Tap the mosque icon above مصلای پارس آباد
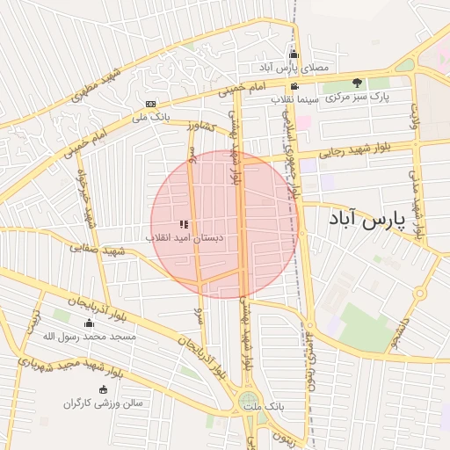coord(294,54)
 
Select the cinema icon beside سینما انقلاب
coord(293,86)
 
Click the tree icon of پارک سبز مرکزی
coord(358,83)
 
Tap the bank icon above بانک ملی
coord(150,103)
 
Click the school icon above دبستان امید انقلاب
coord(184,224)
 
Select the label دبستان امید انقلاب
coord(185,238)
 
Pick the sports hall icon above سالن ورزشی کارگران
coord(104,389)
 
